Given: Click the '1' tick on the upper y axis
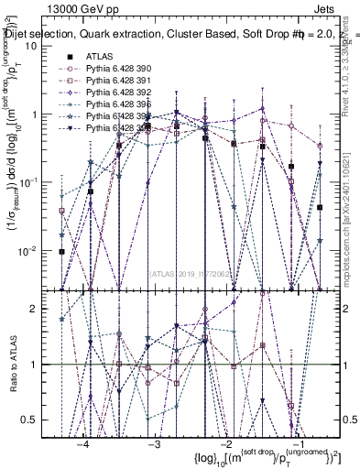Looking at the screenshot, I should click(x=45, y=115).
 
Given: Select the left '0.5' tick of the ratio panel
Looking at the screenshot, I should click(x=40, y=420).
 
